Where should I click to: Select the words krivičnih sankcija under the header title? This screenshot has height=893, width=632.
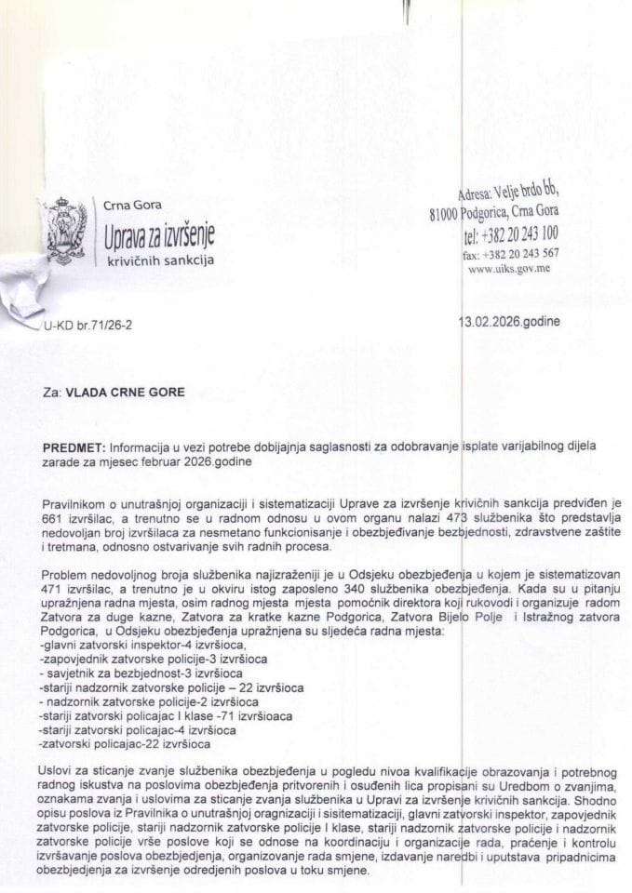[x=158, y=261]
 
